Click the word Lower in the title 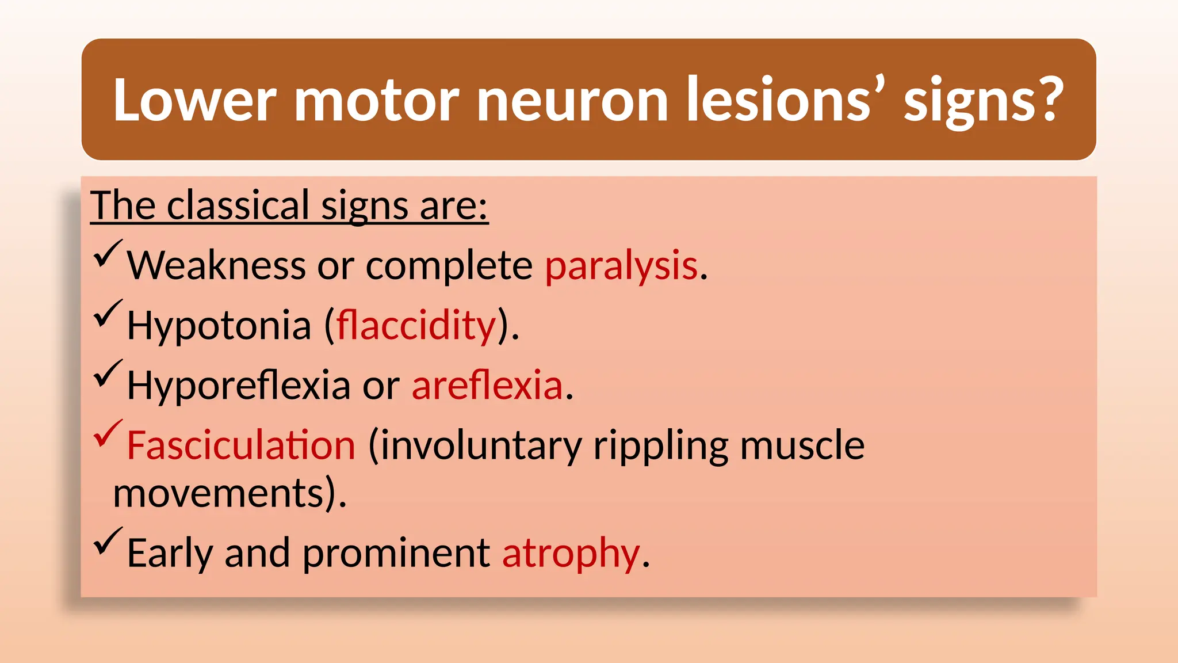(194, 100)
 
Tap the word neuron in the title (572, 100)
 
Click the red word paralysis (621, 266)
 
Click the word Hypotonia (219, 326)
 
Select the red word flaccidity (416, 326)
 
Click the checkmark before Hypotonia (108, 313)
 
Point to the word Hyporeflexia (238, 385)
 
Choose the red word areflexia (487, 385)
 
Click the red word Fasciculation (241, 445)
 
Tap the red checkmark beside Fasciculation (108, 433)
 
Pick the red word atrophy (571, 554)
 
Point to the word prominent (396, 554)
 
